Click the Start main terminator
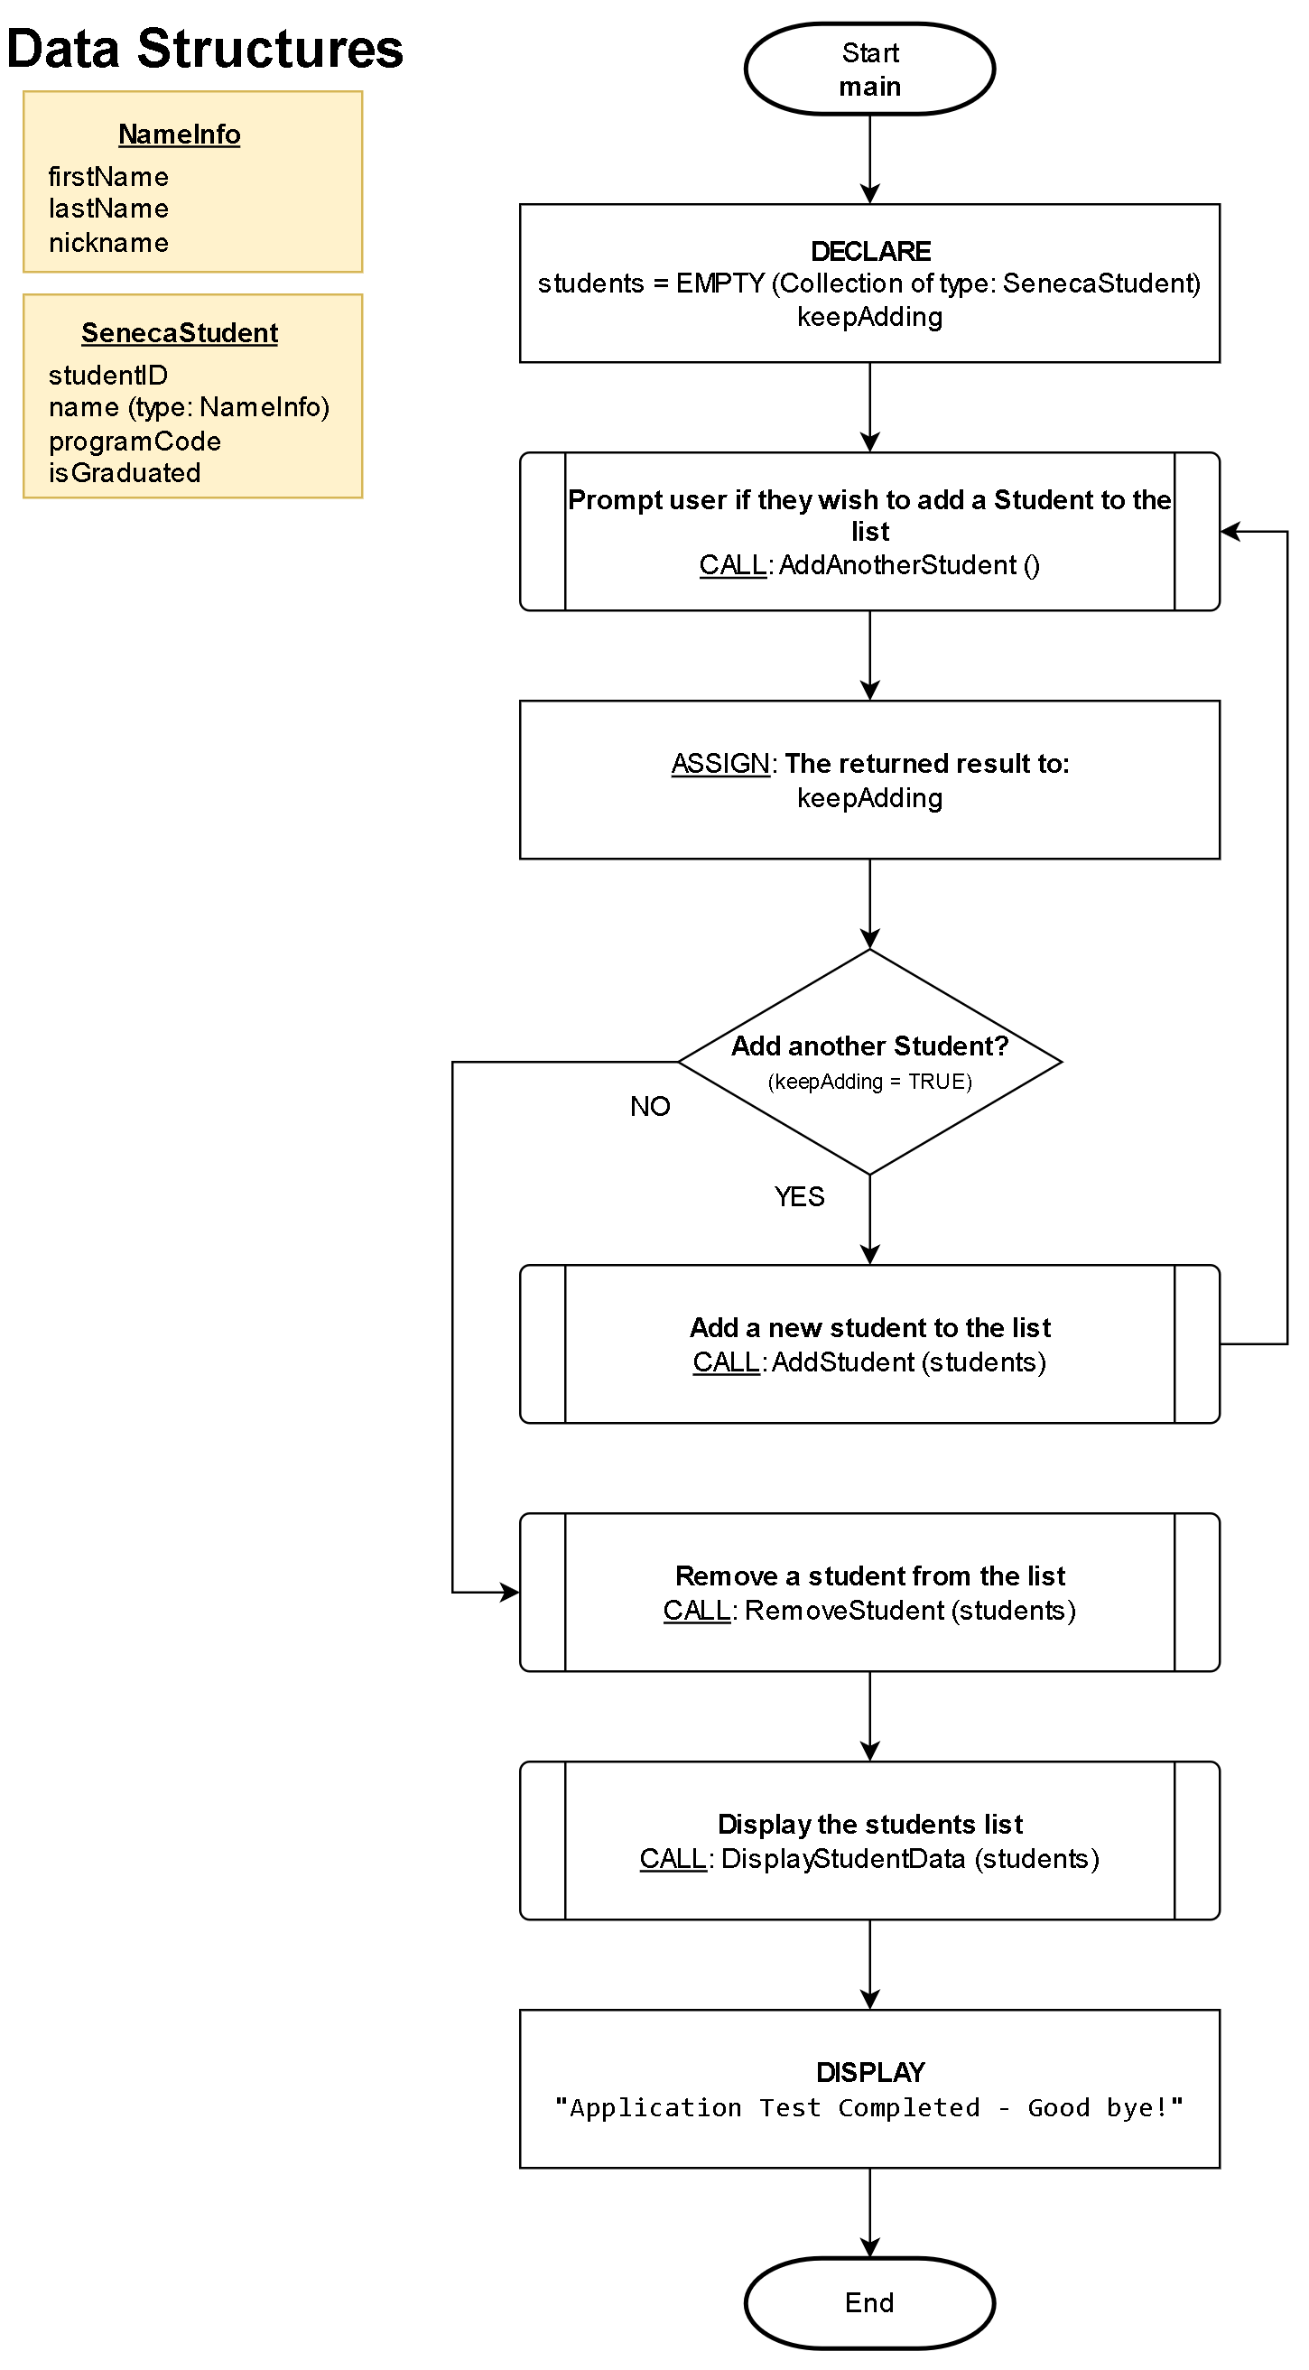869,69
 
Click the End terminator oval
869,2302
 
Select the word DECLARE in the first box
870,251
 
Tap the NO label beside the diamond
649,1106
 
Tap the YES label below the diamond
798,1196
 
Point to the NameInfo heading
180,135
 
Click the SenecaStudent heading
180,333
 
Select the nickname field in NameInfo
108,243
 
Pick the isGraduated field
125,473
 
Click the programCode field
135,441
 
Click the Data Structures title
204,49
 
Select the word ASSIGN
719,764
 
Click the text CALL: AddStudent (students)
869,1362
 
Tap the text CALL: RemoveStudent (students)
869,1610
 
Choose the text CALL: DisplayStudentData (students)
869,1858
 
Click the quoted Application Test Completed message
869,2107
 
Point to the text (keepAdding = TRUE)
869,1082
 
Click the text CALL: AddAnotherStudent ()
869,565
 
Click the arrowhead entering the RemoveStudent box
511,1592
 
